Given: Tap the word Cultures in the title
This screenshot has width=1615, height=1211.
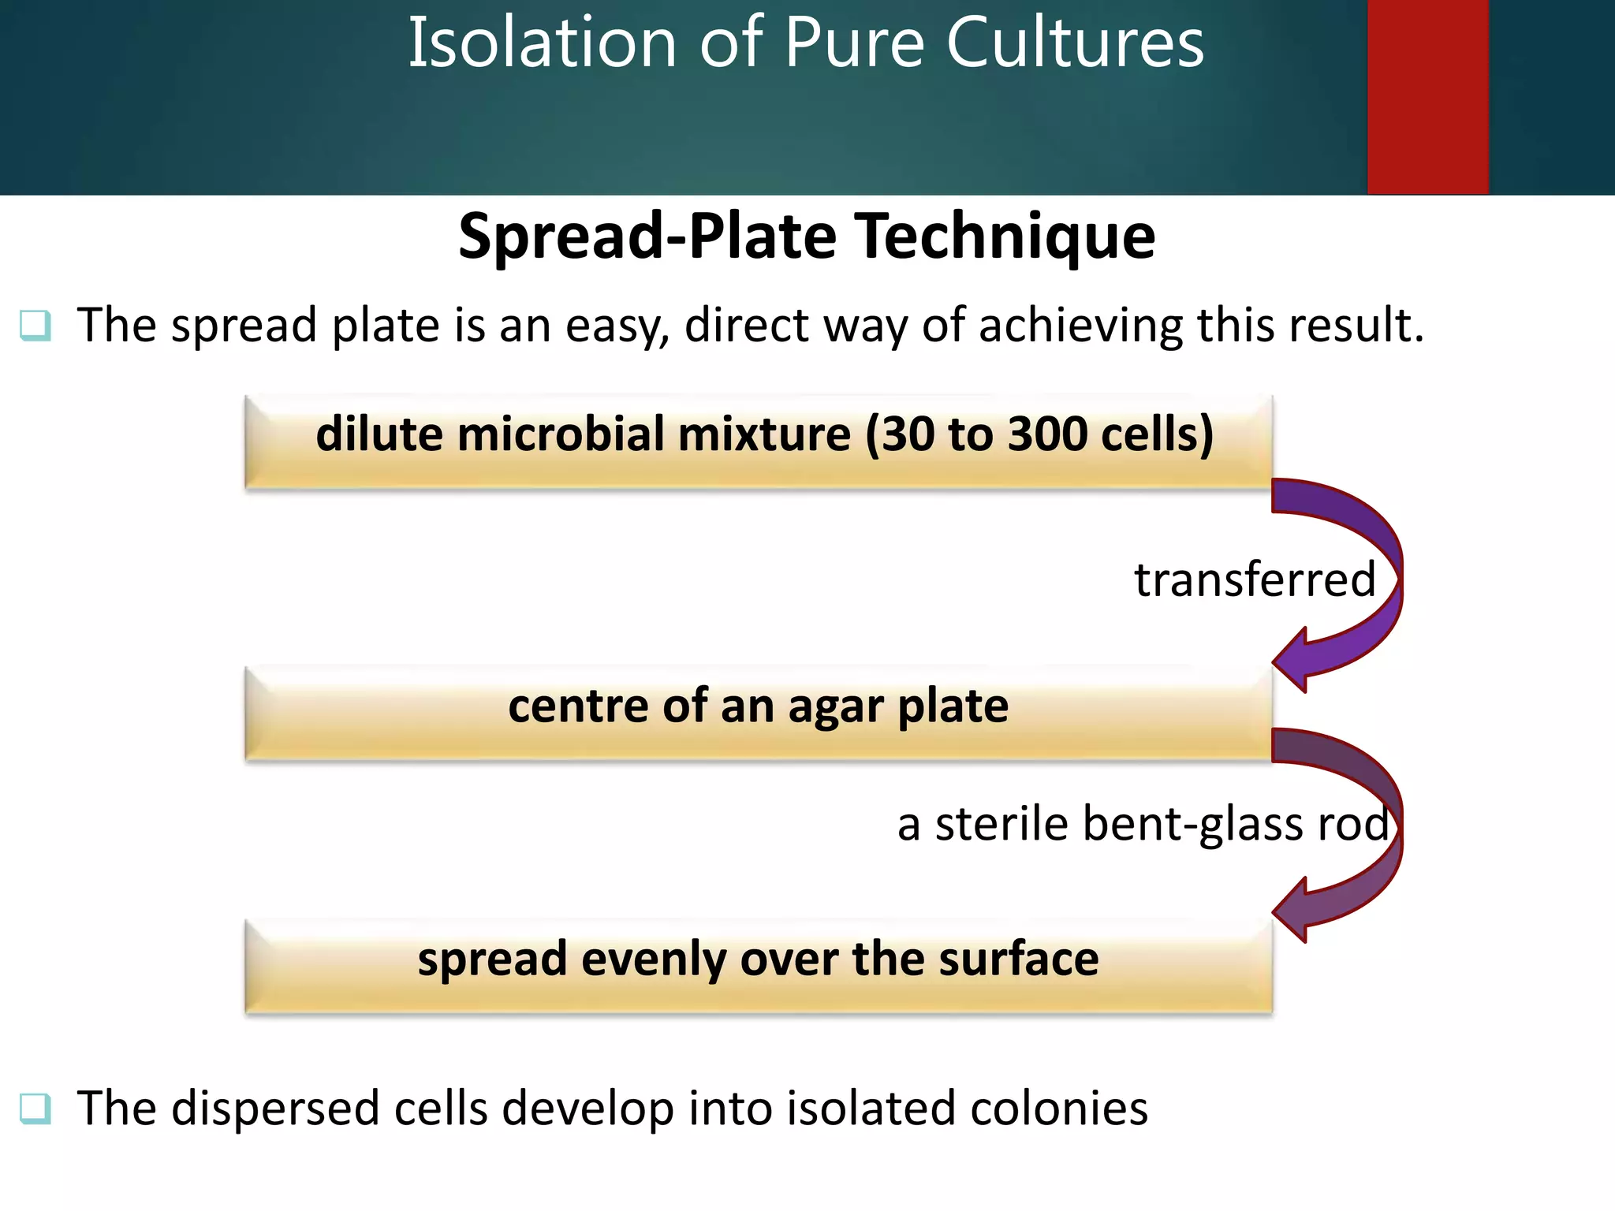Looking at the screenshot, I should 1075,43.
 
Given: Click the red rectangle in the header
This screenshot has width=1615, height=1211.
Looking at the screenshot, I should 1427,96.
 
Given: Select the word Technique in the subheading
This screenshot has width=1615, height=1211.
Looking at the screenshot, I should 1007,237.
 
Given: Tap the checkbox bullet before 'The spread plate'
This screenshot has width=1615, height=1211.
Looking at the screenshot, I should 35,325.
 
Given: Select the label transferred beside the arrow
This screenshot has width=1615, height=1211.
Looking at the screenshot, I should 1254,579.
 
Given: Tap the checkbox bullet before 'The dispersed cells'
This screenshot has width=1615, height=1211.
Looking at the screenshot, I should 35,1108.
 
